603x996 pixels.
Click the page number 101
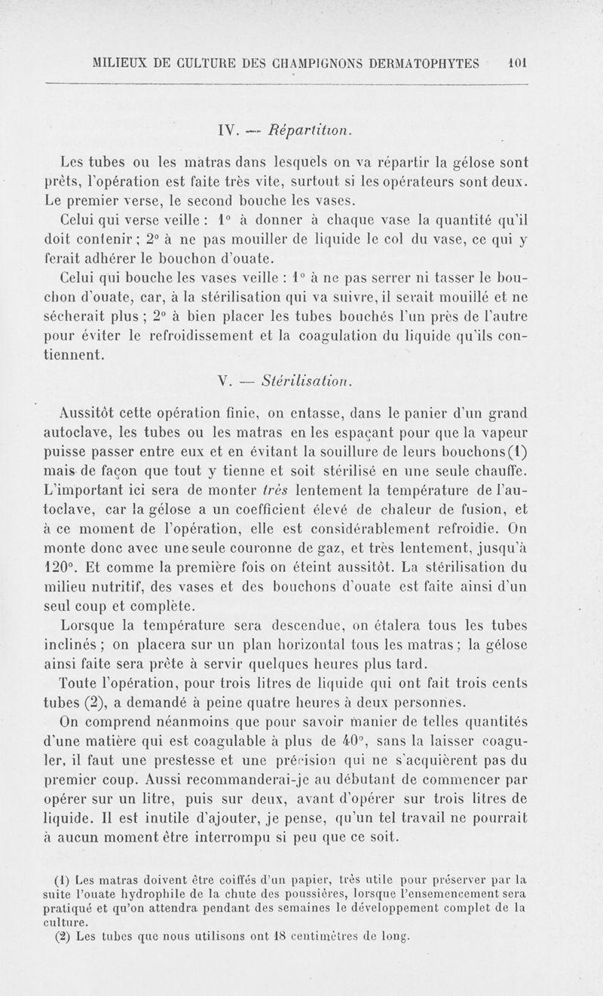point(517,63)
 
